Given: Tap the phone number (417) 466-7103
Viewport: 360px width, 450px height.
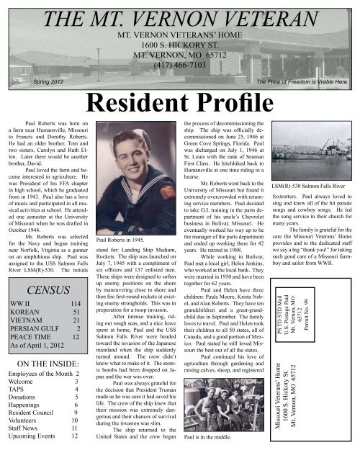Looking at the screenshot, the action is coord(179,63).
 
